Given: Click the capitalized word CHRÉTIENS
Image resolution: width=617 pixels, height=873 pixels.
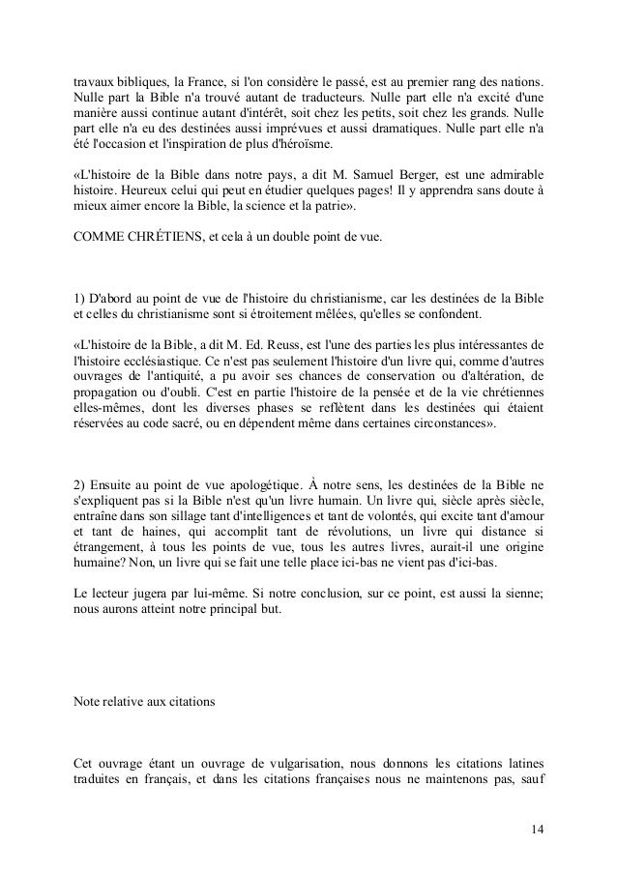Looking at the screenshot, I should pyautogui.click(x=169, y=239).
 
